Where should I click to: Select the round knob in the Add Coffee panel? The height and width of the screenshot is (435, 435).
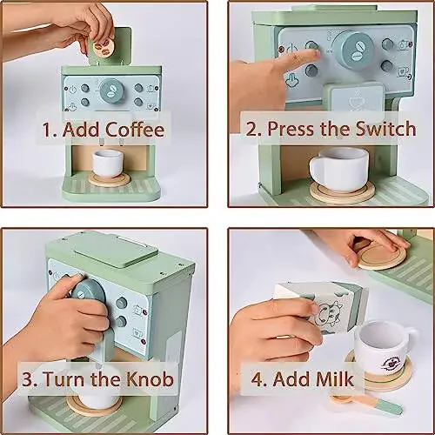coord(110,89)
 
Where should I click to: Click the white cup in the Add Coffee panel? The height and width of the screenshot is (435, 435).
coord(109,162)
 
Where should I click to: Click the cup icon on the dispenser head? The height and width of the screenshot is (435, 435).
coord(356,100)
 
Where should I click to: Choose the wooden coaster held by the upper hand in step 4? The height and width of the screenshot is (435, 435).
coord(381,254)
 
